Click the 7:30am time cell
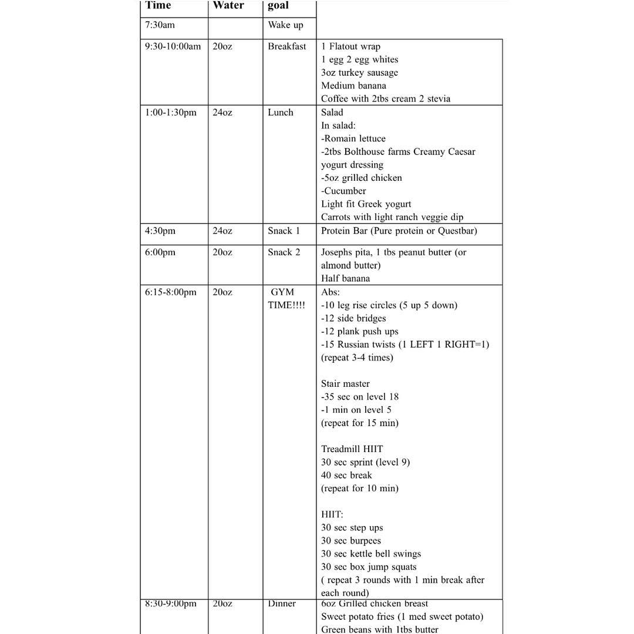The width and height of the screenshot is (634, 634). [x=160, y=25]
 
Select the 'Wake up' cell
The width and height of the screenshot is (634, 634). [x=285, y=25]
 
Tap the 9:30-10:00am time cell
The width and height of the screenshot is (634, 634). [x=173, y=46]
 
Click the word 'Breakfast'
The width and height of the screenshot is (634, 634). [x=286, y=46]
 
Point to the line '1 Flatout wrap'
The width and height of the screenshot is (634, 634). [x=350, y=46]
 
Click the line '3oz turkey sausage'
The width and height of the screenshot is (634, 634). [x=359, y=73]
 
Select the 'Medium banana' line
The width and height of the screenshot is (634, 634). [x=353, y=86]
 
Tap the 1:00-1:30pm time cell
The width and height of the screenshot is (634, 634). [x=170, y=112]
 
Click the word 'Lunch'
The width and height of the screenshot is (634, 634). [x=280, y=112]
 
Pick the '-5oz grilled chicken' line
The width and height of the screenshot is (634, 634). [x=361, y=178]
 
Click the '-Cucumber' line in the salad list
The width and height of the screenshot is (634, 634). [x=343, y=191]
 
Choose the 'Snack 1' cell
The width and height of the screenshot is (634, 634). [x=284, y=231]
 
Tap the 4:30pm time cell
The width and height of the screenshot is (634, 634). [x=160, y=231]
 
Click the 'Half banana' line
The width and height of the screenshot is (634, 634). [x=345, y=278]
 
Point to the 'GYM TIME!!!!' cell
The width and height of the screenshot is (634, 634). [x=286, y=298]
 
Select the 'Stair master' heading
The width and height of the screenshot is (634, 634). [x=345, y=384]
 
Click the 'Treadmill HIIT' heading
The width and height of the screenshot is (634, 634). [x=352, y=449]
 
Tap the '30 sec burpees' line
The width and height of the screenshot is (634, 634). [x=350, y=541]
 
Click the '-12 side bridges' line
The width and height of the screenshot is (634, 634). [x=353, y=318]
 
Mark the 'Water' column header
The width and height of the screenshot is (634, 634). [x=228, y=6]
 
